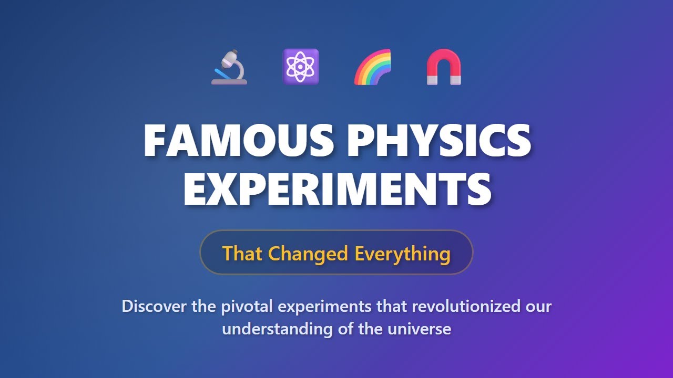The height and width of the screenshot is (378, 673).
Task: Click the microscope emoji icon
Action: [x=229, y=67]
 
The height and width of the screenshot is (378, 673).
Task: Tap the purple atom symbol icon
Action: [x=300, y=67]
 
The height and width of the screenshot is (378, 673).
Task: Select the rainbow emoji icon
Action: [x=372, y=67]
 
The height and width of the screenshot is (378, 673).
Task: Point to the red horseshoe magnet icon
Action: [x=444, y=67]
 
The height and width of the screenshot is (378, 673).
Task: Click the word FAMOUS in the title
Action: [x=239, y=140]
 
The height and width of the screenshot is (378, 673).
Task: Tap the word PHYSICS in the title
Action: [x=439, y=140]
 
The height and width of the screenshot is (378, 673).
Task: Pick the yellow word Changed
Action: [x=308, y=254]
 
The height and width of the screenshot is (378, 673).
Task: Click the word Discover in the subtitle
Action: [x=154, y=306]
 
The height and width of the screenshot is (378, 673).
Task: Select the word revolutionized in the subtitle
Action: [x=466, y=306]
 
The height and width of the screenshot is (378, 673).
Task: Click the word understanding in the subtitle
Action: [x=277, y=329]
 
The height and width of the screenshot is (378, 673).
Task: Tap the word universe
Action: [x=420, y=329]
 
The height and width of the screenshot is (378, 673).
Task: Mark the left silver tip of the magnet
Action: [x=432, y=80]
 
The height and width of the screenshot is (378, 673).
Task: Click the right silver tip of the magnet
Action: [x=455, y=80]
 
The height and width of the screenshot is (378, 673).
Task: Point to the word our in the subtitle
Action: [x=539, y=308]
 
